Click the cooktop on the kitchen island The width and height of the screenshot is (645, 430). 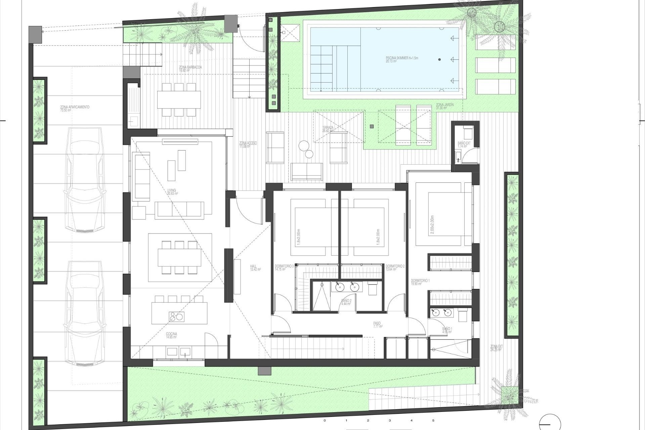(x=176, y=316)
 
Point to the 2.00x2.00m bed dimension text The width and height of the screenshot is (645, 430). (x=432, y=225)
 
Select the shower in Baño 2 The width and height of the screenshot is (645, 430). (x=321, y=296)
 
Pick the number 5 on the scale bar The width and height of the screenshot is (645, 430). (x=433, y=420)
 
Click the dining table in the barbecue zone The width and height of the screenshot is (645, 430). (x=179, y=99)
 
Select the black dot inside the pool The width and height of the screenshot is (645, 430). (x=439, y=59)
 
